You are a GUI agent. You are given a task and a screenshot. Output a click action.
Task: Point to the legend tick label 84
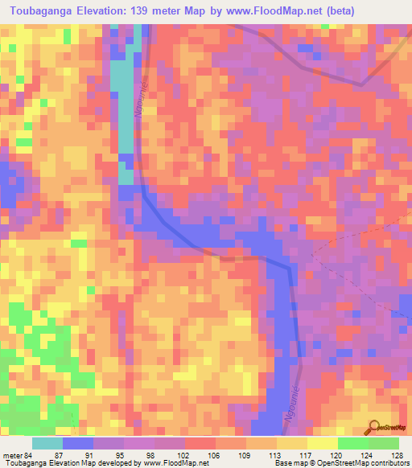(x=29, y=454)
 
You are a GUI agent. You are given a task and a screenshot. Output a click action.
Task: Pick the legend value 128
(x=394, y=454)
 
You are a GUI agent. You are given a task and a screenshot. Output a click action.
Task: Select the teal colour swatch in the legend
(x=47, y=443)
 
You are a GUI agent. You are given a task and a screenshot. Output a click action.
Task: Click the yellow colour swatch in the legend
(x=322, y=443)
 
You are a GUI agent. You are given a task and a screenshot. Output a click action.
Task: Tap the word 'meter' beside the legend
(x=12, y=454)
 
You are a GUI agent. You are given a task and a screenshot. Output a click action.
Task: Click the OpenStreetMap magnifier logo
(x=374, y=426)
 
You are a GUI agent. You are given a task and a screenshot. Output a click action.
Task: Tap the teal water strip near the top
(x=123, y=96)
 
